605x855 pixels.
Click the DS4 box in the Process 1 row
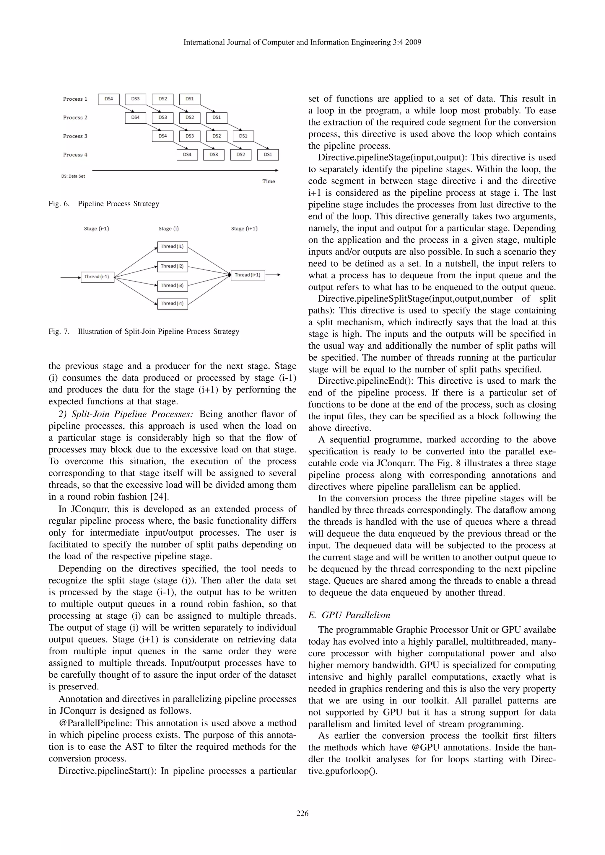tap(108, 99)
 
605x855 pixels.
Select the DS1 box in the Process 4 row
tap(268, 155)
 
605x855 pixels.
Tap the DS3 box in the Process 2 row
tap(162, 118)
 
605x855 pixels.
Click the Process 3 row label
tap(75, 136)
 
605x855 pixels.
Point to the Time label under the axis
tap(269, 181)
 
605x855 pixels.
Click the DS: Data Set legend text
tap(73, 176)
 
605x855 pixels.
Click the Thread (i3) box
tap(172, 286)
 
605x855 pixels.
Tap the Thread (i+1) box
tap(248, 275)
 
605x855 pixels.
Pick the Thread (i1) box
tap(172, 246)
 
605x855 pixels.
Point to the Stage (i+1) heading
tap(244, 229)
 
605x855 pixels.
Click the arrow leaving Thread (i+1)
tap(273, 275)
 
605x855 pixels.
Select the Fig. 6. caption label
tap(59, 204)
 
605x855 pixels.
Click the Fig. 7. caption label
tap(59, 331)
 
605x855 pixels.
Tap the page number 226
tap(302, 814)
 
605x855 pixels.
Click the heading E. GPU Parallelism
tap(349, 615)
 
